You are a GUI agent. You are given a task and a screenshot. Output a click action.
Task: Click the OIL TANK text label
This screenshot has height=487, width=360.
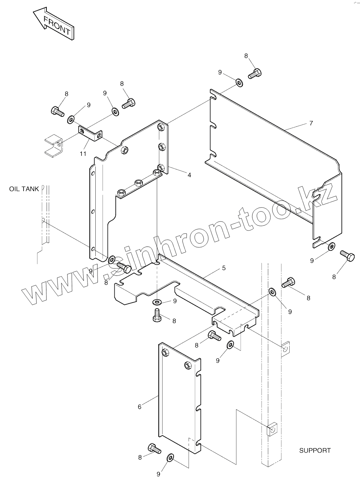click(24, 189)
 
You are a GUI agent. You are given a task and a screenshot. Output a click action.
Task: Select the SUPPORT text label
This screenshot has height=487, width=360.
click(315, 451)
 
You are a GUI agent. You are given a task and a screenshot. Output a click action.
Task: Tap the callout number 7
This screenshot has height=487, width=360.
click(311, 123)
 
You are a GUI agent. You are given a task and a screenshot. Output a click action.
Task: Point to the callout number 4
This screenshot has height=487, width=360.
click(189, 175)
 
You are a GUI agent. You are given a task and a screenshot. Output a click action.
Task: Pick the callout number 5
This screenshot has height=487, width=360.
click(224, 268)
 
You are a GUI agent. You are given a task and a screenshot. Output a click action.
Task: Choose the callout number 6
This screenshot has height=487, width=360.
click(140, 407)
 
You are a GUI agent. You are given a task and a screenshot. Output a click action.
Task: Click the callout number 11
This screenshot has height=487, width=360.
click(83, 154)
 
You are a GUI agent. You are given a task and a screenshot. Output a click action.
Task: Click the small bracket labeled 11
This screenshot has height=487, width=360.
click(91, 133)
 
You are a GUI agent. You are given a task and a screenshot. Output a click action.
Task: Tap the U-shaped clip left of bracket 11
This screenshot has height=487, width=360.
click(54, 145)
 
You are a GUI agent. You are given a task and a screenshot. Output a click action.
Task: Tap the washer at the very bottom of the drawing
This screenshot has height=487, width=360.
click(170, 458)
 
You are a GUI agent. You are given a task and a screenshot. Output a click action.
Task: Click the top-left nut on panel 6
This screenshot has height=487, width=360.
click(165, 353)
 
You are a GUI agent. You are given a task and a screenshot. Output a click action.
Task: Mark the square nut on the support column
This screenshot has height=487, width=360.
click(272, 429)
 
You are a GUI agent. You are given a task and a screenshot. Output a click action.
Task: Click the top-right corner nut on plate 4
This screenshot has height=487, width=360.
click(161, 126)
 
